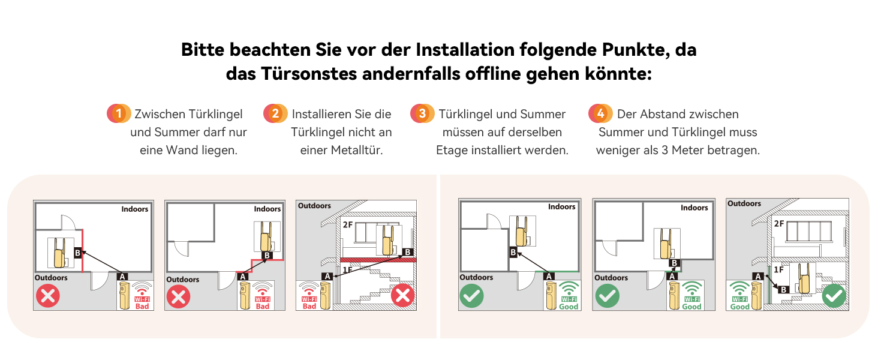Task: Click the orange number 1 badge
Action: [119, 113]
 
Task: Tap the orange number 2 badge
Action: [275, 113]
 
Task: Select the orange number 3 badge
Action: [422, 113]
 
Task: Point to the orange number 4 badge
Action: [600, 113]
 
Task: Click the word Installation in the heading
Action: [465, 50]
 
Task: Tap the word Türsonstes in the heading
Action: [309, 74]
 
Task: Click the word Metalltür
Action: [356, 150]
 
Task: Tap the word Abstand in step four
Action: [663, 114]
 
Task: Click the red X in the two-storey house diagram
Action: [402, 295]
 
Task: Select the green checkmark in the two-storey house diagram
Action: [834, 296]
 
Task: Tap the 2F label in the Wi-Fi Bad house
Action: [348, 225]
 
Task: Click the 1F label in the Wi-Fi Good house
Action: [778, 270]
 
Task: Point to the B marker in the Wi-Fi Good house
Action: [783, 289]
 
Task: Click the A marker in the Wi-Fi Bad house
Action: [327, 277]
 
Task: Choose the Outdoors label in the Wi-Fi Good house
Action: [744, 203]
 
